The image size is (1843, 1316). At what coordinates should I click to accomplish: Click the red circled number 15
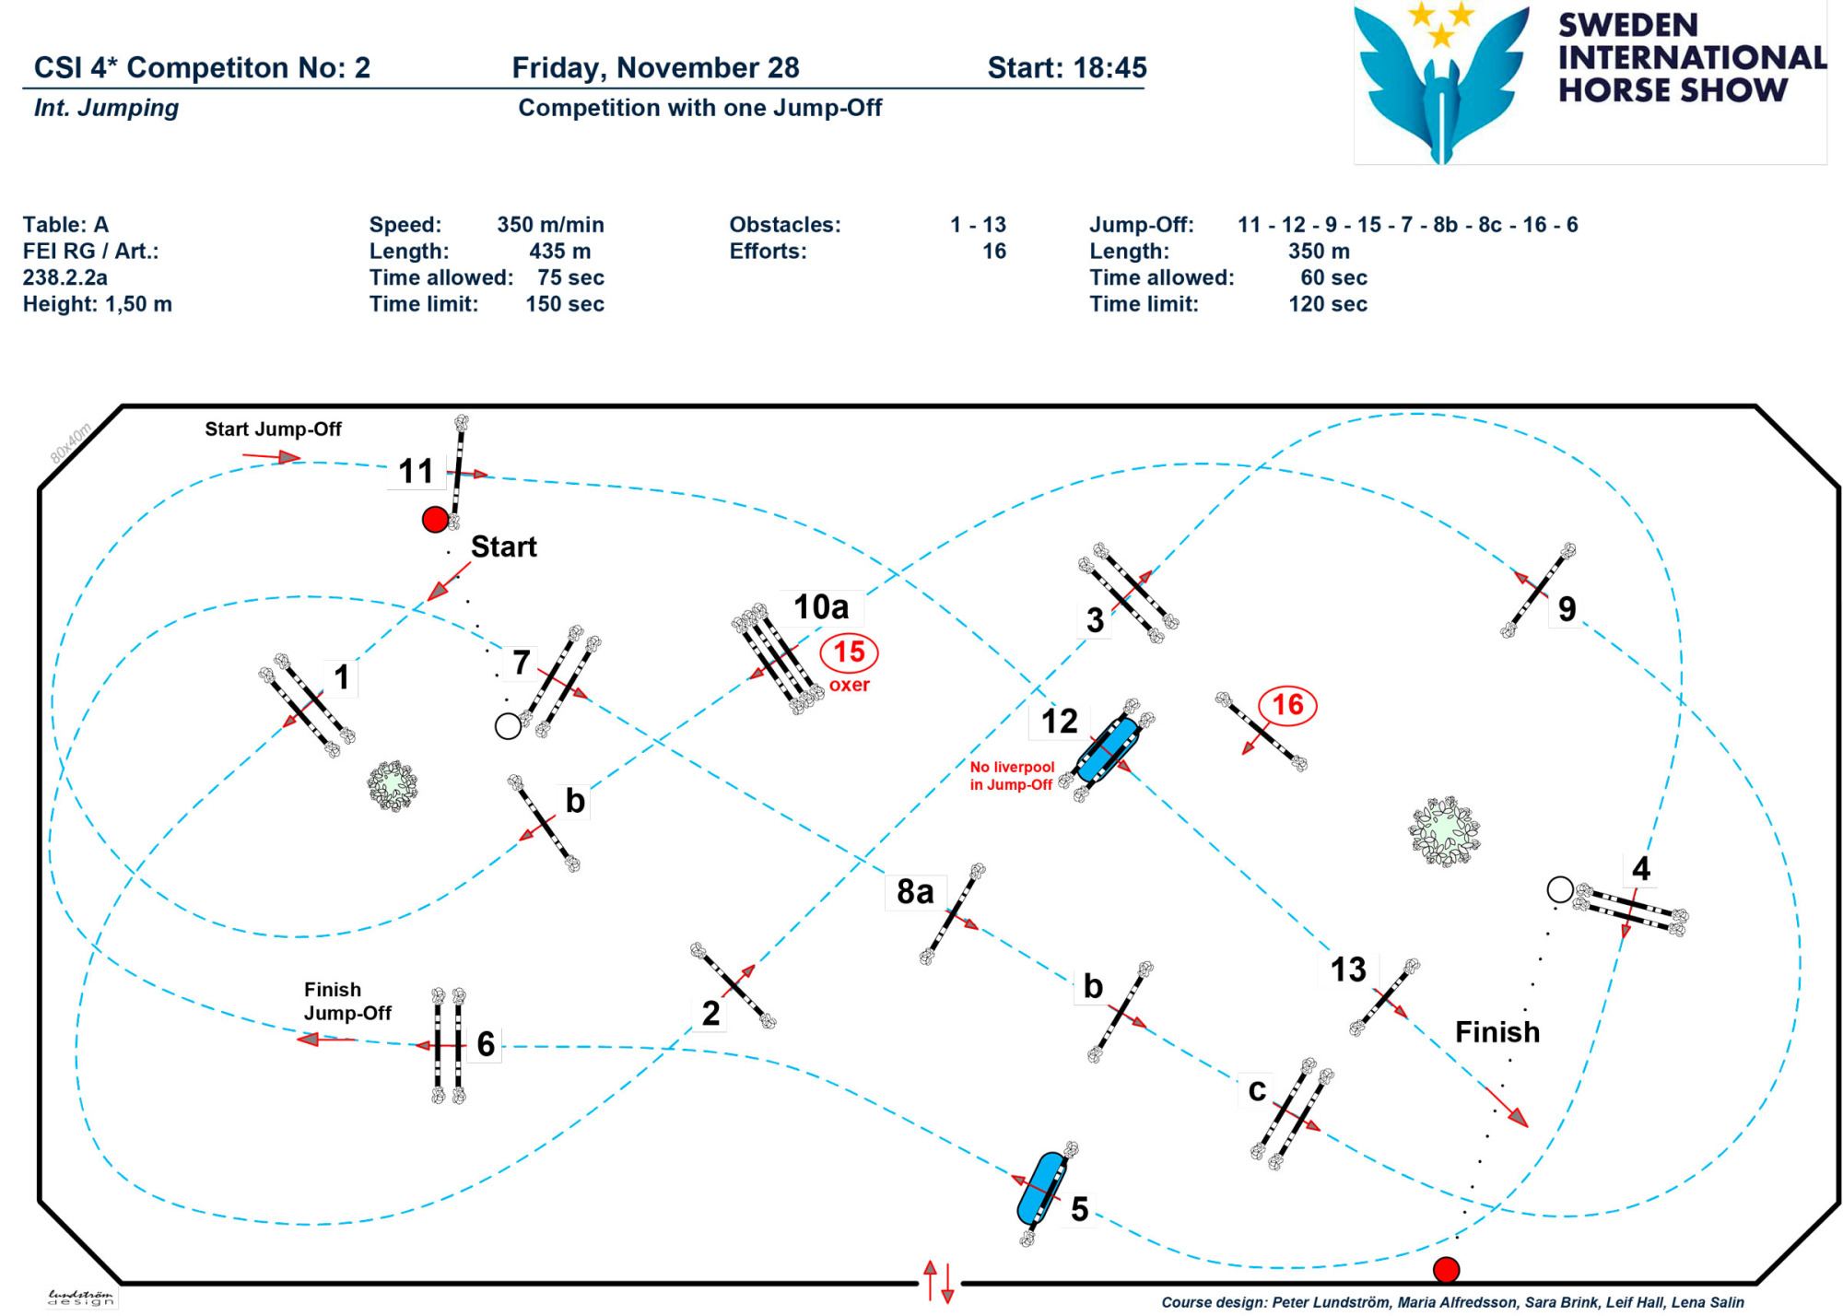click(x=849, y=652)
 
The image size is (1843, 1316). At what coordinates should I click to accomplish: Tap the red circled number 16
click(x=1287, y=705)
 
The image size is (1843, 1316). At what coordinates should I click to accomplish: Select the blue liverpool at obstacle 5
click(x=1043, y=1188)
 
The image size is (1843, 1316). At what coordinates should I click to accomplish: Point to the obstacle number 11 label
click(x=416, y=471)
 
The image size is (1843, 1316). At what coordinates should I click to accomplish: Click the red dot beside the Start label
click(x=435, y=520)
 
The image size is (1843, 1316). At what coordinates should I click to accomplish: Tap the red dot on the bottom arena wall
click(x=1447, y=1270)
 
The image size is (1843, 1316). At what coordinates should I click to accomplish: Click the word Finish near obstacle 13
click(x=1497, y=1031)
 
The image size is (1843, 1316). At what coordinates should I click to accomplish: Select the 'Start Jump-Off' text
click(x=273, y=429)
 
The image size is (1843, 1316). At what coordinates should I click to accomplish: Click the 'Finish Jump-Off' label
click(x=347, y=1001)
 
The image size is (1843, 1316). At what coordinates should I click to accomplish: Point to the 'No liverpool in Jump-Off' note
click(x=1012, y=776)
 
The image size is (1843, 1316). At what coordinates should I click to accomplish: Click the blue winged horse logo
click(x=1443, y=83)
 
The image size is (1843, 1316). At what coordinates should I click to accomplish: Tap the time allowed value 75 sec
click(x=570, y=277)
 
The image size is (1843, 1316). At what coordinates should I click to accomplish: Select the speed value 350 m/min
click(x=550, y=225)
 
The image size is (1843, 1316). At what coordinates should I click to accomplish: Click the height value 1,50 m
click(x=138, y=304)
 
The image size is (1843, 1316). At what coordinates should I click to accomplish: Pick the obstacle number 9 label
click(x=1567, y=608)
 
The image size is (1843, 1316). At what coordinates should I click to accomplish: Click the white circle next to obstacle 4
click(x=1560, y=889)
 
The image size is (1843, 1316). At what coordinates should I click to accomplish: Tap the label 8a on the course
click(x=915, y=891)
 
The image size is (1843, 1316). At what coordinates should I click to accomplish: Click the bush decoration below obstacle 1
click(x=393, y=785)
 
